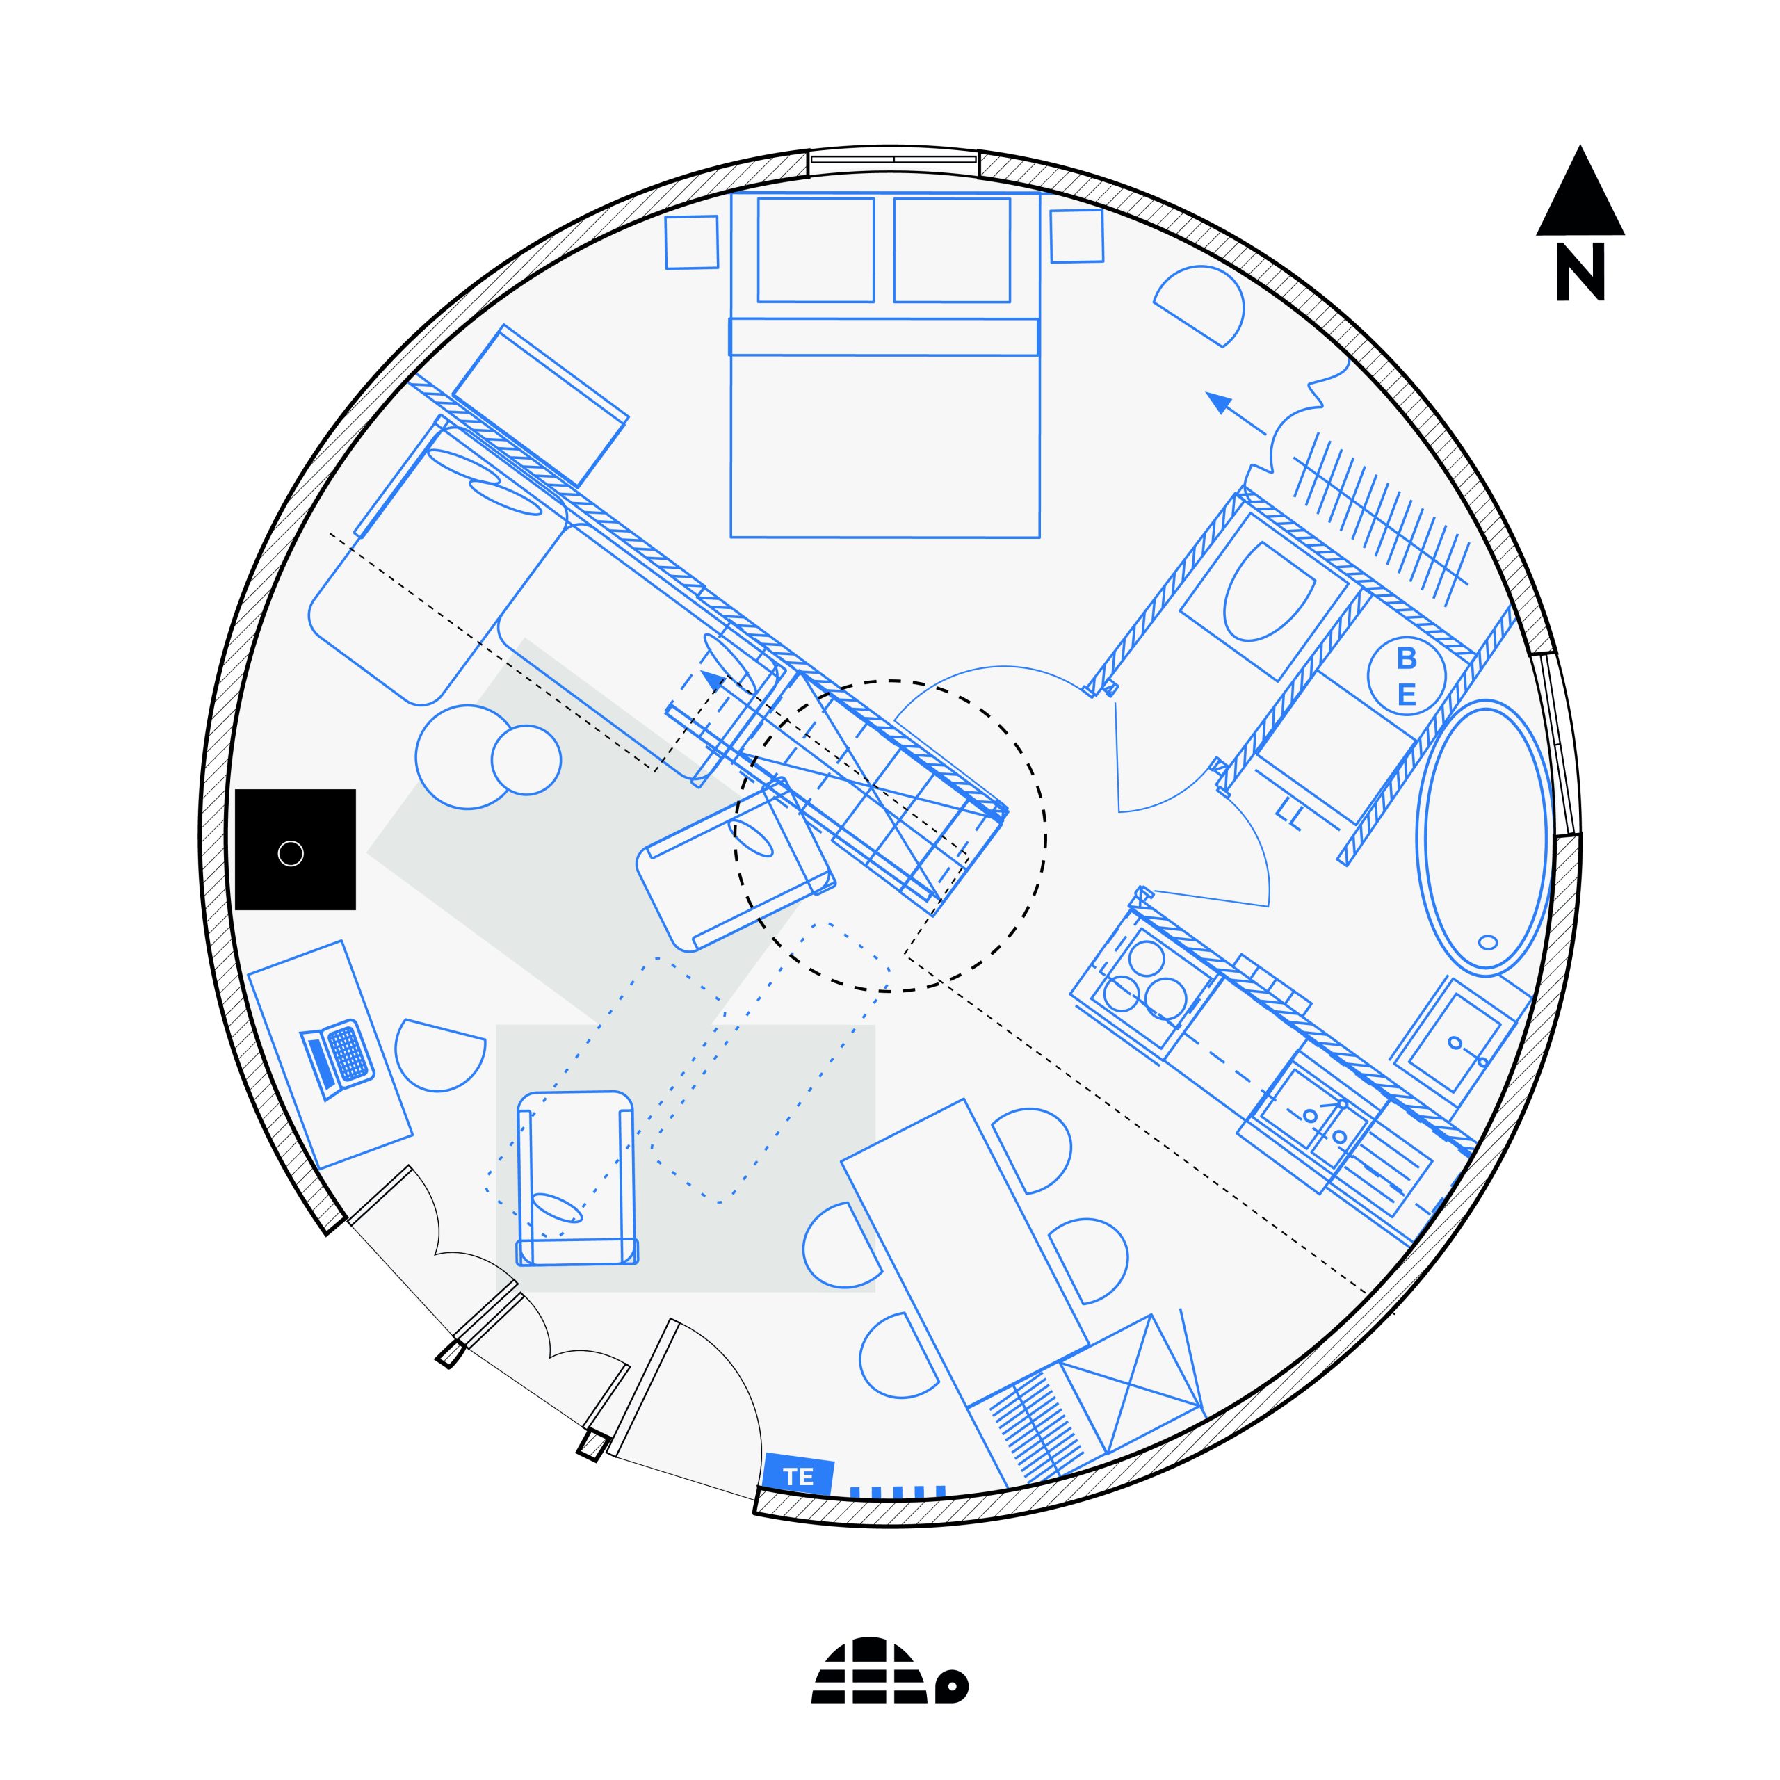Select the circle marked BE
(1406, 675)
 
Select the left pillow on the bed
(816, 250)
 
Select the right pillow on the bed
(952, 250)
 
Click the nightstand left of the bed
(692, 242)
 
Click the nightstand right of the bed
(1076, 236)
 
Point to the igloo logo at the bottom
(889, 1670)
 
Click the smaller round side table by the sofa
(526, 759)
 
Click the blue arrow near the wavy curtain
(1236, 414)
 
